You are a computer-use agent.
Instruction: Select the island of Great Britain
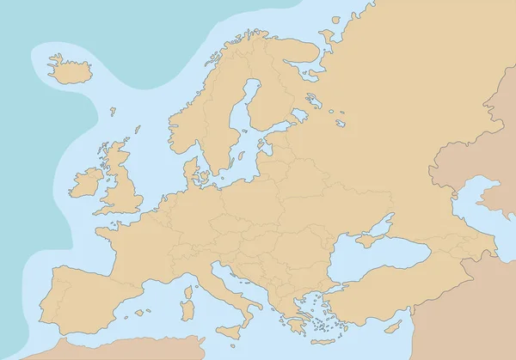coord(120,185)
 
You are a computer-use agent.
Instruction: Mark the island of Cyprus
coord(395,327)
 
